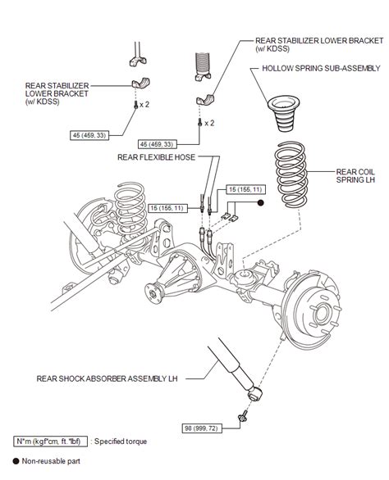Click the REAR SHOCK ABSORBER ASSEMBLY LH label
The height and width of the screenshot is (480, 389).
tap(108, 379)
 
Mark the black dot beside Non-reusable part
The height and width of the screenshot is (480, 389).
tap(17, 462)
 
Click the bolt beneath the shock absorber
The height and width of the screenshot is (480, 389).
tap(244, 418)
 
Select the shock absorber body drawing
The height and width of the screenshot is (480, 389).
tap(229, 365)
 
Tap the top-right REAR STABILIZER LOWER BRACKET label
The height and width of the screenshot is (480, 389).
tap(307, 43)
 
